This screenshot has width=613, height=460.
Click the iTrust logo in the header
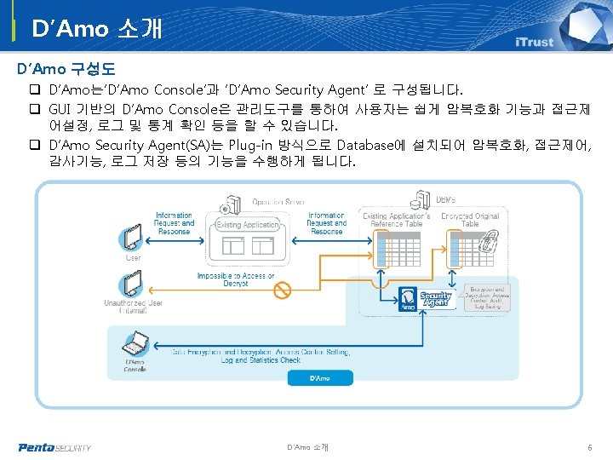[x=534, y=42]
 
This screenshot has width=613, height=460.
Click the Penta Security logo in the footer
[x=54, y=447]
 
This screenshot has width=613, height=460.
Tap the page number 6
[x=589, y=447]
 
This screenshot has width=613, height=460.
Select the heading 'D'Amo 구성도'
[x=66, y=67]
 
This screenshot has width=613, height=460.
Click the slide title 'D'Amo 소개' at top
[x=96, y=29]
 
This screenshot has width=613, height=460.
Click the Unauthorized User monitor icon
[x=133, y=284]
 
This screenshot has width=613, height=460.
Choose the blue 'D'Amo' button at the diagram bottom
[x=319, y=377]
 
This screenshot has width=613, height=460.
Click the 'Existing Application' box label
[x=247, y=225]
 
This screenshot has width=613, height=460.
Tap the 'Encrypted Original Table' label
[x=470, y=220]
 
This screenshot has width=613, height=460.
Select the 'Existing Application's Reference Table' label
[x=398, y=220]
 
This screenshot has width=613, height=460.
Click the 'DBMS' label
[x=445, y=199]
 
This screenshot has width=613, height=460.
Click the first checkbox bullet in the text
[x=37, y=89]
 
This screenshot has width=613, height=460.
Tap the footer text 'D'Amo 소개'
[x=307, y=447]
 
